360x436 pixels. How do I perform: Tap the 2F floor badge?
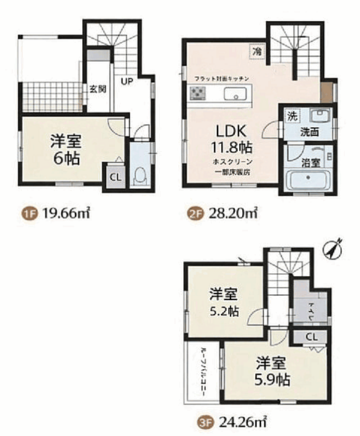[195, 214]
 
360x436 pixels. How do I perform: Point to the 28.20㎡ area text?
[234, 214]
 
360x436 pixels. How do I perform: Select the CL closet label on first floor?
[114, 176]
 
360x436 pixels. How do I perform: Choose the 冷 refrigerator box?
[257, 52]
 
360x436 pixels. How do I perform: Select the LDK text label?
[226, 131]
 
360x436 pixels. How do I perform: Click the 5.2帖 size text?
[223, 312]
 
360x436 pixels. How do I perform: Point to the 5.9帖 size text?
[273, 379]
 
